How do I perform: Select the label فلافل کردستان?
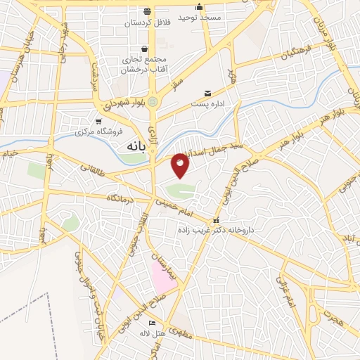[x=148, y=22]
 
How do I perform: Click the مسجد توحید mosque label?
[x=200, y=16]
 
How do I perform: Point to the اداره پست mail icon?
[x=207, y=93]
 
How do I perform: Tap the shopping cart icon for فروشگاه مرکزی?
[x=99, y=121]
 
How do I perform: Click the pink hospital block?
[x=162, y=278]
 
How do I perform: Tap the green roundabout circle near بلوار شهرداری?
[x=152, y=102]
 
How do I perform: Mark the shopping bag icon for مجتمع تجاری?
[x=144, y=49]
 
